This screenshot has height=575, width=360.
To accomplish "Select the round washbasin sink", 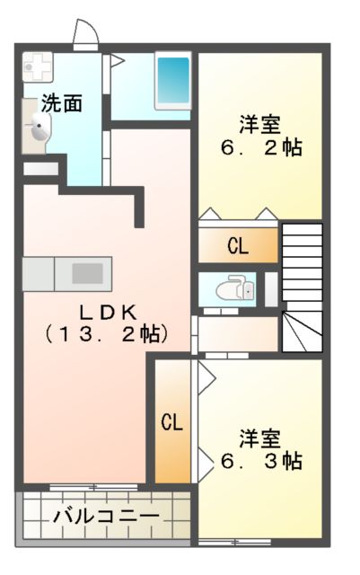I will click(x=39, y=129).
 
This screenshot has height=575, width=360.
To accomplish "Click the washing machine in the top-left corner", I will click(x=39, y=66).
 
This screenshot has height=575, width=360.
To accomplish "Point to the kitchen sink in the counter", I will click(x=88, y=272).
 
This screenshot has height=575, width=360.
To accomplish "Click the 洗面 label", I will click(x=61, y=103).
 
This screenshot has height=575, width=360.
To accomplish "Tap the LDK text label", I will click(x=107, y=313).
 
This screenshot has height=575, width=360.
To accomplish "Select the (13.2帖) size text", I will click(x=107, y=334).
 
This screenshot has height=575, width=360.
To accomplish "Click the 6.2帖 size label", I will click(x=260, y=146).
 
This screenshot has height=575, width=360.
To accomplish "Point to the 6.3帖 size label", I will click(x=260, y=461).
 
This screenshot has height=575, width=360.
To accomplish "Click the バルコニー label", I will click(x=105, y=516).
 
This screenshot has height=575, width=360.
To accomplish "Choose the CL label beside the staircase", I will click(x=238, y=244).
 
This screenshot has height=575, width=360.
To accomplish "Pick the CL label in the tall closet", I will click(x=172, y=422).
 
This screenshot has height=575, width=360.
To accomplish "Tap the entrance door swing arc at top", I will click(x=85, y=34).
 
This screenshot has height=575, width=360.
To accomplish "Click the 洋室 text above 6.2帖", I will click(x=260, y=123).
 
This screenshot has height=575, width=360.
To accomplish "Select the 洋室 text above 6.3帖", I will click(x=260, y=438).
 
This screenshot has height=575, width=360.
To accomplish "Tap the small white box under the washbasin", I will click(x=40, y=168).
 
